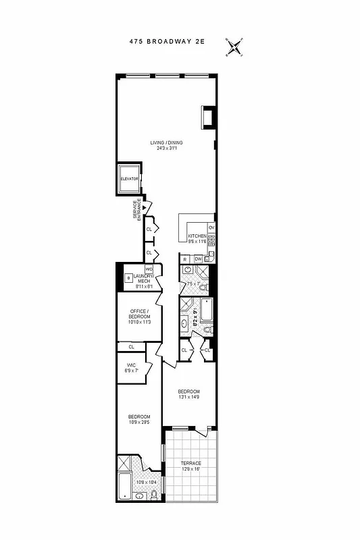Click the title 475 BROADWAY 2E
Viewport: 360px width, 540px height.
166,41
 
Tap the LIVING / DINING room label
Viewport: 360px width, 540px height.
166,142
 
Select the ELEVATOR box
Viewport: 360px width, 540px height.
129,178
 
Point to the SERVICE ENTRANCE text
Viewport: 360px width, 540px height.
136,209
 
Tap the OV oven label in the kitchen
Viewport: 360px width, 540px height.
211,227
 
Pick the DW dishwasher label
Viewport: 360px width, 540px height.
198,259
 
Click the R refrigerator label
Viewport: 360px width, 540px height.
184,259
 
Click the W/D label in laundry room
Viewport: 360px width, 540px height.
149,269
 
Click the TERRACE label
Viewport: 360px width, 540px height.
190,463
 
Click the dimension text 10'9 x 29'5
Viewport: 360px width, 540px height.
138,422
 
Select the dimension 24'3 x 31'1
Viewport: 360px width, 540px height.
166,148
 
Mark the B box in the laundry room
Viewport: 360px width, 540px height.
128,277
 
